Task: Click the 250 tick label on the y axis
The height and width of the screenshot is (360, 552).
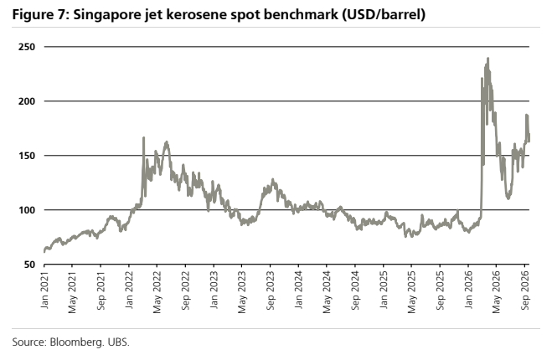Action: click(x=27, y=47)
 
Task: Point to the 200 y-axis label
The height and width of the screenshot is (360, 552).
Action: click(x=27, y=101)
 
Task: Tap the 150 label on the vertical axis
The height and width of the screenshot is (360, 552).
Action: click(x=27, y=156)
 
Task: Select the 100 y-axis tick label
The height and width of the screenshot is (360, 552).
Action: click(x=27, y=210)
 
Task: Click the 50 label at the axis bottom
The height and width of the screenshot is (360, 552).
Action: click(x=29, y=265)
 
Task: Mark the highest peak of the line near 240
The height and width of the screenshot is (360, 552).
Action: click(x=488, y=59)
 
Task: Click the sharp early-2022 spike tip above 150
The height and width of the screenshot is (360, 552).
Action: click(x=143, y=137)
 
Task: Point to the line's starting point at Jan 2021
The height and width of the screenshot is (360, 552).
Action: click(x=44, y=252)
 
